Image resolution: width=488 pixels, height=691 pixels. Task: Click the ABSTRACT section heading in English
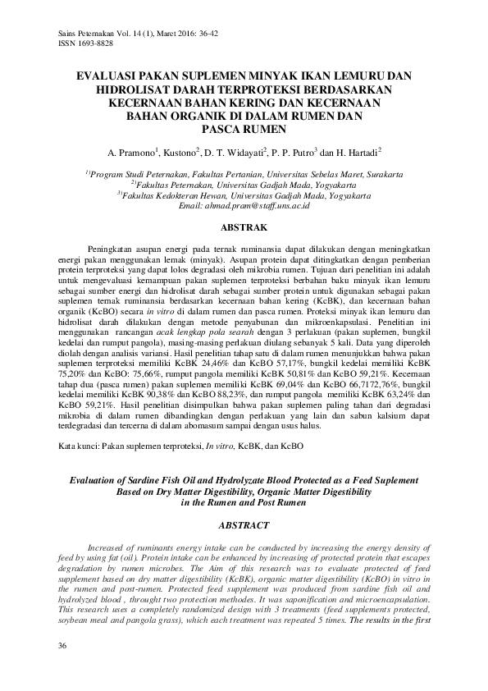coord(244,522)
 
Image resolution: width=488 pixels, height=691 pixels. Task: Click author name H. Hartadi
coord(353,153)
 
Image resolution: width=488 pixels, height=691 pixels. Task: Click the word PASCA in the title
coord(223,130)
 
